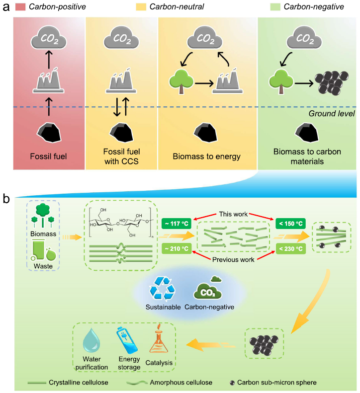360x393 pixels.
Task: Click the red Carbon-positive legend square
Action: tap(21, 7)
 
